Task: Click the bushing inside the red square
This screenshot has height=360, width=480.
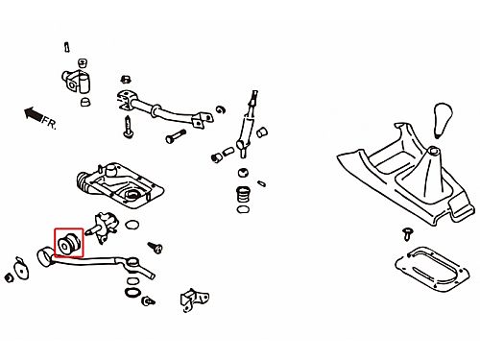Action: tap(68, 243)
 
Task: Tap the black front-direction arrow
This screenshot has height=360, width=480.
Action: tap(33, 114)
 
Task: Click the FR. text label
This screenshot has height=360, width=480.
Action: tap(50, 123)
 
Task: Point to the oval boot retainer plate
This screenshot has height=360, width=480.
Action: tap(432, 269)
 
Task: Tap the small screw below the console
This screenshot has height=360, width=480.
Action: tap(407, 233)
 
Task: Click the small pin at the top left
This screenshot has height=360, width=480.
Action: tap(66, 47)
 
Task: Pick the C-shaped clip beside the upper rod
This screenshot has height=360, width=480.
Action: tap(221, 109)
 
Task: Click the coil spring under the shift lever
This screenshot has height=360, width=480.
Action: tap(243, 194)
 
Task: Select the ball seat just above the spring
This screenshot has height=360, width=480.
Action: tap(243, 173)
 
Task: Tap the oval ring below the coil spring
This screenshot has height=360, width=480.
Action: tap(243, 210)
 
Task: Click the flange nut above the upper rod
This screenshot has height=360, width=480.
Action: tap(126, 79)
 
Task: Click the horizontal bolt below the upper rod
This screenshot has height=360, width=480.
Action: tap(176, 135)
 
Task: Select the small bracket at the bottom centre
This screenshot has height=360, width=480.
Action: tap(194, 300)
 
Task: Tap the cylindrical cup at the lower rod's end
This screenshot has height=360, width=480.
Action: tap(45, 256)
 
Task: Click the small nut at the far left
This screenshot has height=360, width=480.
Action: tap(10, 277)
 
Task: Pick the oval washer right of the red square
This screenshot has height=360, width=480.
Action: tap(132, 225)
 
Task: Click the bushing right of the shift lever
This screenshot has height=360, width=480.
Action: tap(262, 132)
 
